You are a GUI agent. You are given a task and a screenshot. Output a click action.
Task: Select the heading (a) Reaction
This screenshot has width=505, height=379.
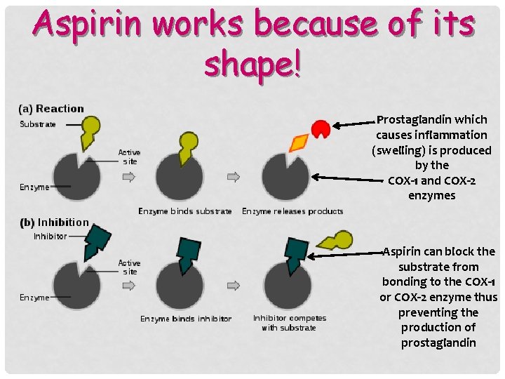pos(51,109)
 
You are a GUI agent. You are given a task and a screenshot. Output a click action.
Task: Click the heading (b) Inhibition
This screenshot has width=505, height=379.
pos(54,222)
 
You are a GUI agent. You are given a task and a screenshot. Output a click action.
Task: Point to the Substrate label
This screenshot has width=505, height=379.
pos(38,124)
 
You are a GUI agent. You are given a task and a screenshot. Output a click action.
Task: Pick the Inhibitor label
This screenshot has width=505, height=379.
pos(50,237)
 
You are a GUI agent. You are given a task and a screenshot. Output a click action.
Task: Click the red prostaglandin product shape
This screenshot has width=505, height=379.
pos(321,128)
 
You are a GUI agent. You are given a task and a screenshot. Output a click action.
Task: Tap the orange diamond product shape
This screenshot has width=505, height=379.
pos(298,143)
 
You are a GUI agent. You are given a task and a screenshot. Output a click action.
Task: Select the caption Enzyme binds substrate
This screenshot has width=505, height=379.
pos(184,211)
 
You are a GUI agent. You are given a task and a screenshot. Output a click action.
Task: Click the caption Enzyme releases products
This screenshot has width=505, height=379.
pos(292,211)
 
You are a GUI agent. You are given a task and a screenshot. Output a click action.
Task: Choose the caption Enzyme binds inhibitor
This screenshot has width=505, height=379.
pos(186,319)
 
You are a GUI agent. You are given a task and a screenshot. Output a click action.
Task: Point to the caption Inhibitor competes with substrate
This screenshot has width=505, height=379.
pos(289,323)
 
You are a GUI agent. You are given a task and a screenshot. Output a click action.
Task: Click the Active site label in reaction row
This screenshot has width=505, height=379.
pos(129,157)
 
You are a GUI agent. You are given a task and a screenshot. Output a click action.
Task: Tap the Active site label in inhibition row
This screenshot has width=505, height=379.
pos(129,267)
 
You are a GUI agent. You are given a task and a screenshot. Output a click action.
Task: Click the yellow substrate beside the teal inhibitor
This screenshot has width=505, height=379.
pos(335,242)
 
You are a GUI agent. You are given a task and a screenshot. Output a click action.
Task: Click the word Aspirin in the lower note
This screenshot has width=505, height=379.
pos(403,251)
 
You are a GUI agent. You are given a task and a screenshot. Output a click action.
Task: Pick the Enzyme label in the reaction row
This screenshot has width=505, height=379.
pos(34,187)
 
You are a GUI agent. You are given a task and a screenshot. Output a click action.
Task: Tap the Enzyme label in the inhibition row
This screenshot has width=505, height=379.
pos(34,298)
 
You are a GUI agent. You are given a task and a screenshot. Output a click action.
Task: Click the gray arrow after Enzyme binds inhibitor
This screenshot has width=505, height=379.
pos(234,286)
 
